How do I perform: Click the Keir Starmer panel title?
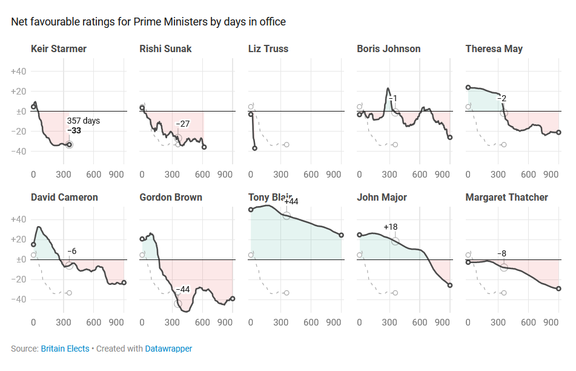59,48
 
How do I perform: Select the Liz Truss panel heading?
268,48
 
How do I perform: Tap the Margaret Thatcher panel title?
506,197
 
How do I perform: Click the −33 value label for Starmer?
74,130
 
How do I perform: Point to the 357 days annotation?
84,121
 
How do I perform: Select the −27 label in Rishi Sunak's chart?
182,124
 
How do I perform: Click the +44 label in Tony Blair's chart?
291,201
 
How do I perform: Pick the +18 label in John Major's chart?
390,227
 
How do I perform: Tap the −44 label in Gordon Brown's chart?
183,289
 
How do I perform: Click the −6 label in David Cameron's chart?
71,251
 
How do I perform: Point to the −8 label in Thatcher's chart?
502,253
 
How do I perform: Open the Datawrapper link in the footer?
168,349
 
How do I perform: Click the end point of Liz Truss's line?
255,148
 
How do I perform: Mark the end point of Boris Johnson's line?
450,138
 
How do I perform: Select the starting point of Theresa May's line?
468,87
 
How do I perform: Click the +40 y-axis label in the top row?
18,72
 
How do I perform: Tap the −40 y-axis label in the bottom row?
18,299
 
